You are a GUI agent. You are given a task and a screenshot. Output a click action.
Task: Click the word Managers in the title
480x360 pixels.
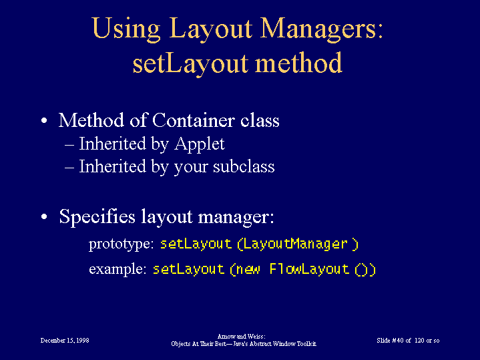point(322,29)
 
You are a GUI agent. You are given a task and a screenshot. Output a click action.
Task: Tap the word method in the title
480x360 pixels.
point(298,63)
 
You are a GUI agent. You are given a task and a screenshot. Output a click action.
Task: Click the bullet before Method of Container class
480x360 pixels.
point(44,120)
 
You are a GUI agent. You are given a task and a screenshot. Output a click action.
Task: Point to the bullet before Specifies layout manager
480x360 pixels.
point(44,216)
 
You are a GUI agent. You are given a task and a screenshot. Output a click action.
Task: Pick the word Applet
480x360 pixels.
point(200,144)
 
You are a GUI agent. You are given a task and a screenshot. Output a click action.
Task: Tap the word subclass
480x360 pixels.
point(244,166)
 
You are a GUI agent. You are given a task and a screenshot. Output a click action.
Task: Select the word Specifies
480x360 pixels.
point(97,217)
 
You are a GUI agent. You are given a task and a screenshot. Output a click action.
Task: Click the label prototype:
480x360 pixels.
point(122,244)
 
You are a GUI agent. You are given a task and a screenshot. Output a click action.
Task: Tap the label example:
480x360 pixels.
point(117,269)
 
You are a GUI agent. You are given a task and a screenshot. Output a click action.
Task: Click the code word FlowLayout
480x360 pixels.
point(309,269)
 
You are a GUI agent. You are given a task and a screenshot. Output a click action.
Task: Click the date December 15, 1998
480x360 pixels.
point(65,341)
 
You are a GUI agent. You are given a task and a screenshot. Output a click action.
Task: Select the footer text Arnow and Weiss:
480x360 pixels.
point(241,337)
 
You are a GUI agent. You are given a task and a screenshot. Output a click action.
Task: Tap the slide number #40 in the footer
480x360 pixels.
point(398,341)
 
